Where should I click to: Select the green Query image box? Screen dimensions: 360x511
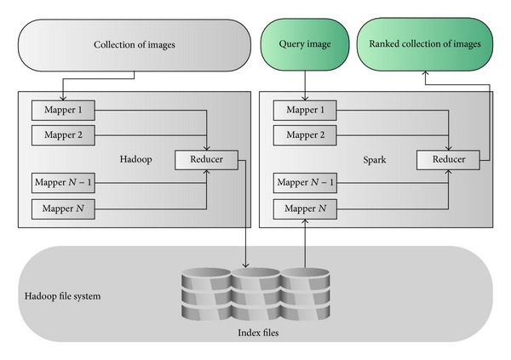click(x=306, y=44)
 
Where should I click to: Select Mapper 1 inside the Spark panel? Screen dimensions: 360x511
click(x=298, y=110)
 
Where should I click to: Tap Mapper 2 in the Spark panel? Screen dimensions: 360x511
click(x=298, y=134)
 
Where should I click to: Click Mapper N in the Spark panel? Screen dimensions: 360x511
click(x=299, y=207)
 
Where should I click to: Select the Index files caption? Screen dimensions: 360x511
click(x=256, y=333)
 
